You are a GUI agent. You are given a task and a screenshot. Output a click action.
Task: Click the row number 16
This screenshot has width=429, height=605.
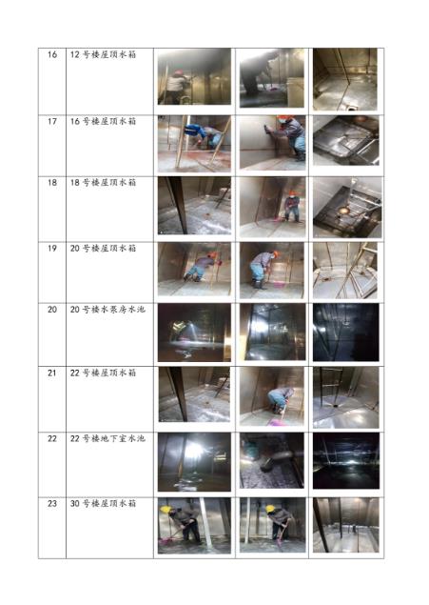click(x=52, y=54)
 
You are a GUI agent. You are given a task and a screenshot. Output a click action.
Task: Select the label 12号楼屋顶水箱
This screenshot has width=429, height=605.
click(x=103, y=54)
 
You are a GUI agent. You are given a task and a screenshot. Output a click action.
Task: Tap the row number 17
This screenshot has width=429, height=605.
click(x=52, y=121)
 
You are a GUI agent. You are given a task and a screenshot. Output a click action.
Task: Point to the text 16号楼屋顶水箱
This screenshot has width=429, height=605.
click(x=103, y=121)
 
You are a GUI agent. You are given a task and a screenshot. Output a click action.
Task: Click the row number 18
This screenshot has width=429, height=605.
click(x=52, y=182)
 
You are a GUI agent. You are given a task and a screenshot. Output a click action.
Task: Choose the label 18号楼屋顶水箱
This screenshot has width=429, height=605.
click(x=103, y=182)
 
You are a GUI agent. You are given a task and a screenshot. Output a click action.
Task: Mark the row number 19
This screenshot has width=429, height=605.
click(x=52, y=248)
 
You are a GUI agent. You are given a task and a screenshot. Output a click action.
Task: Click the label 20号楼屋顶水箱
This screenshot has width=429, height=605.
click(x=103, y=248)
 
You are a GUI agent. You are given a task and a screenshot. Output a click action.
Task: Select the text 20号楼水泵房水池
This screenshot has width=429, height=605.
click(x=107, y=309)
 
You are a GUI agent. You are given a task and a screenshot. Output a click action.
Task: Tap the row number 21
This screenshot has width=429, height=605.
click(x=52, y=373)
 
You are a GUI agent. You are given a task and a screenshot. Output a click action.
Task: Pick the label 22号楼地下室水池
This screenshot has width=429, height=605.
click(x=107, y=438)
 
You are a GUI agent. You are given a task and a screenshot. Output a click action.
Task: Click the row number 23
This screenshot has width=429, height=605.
click(x=52, y=503)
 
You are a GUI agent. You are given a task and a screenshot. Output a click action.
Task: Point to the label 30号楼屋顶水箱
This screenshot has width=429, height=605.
click(x=103, y=503)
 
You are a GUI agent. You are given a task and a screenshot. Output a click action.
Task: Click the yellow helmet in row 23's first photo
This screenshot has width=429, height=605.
click(x=166, y=510)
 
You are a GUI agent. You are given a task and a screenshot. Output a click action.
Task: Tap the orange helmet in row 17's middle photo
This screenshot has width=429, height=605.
click(x=283, y=118)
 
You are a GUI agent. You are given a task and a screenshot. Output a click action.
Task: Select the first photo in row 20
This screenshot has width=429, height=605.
click(x=194, y=333)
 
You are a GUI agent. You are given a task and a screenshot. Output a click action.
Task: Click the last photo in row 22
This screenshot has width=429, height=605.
click(x=346, y=460)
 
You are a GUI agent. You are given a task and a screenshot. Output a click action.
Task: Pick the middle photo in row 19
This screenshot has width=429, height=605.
click(x=272, y=270)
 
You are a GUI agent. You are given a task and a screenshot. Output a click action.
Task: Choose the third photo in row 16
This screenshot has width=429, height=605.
click(x=345, y=79)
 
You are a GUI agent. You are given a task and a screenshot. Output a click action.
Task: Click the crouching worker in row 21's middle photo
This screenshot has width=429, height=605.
click(x=281, y=400)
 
